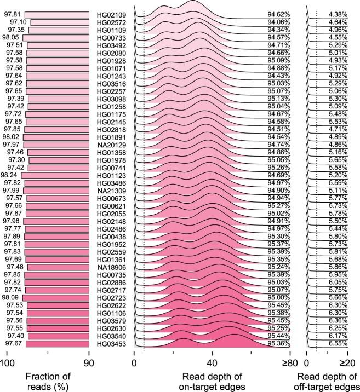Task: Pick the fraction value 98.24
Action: [x=10, y=175]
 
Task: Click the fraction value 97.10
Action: [x=20, y=21]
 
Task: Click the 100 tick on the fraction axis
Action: [x=7, y=362]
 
